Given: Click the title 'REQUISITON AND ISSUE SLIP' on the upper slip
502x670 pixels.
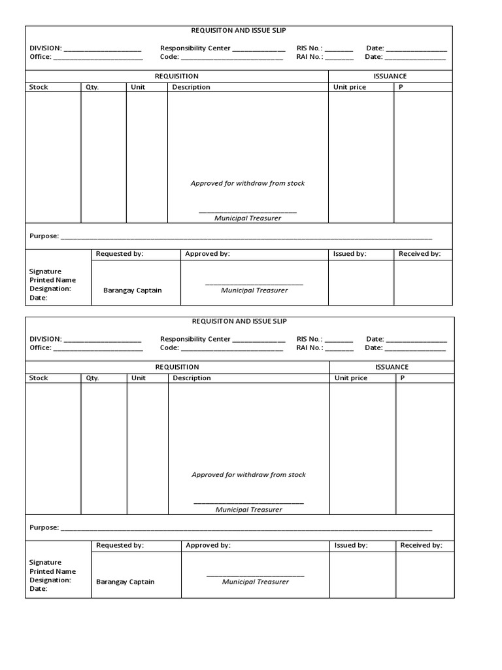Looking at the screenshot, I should [x=239, y=30].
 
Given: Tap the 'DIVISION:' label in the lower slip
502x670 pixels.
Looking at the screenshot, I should [x=46, y=339].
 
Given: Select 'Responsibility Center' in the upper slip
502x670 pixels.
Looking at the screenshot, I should [x=195, y=48].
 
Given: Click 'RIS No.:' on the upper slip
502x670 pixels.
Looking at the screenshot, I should [x=309, y=48].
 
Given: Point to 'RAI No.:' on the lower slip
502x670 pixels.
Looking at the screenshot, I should [x=309, y=348].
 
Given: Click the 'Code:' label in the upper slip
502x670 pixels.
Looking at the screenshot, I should [x=169, y=57].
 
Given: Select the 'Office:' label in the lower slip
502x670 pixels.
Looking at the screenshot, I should [x=40, y=348].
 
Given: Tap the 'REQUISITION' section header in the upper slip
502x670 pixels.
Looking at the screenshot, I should [x=176, y=76].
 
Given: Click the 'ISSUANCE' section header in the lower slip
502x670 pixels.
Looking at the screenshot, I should [x=392, y=367].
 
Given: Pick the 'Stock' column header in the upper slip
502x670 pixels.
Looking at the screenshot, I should [x=39, y=87].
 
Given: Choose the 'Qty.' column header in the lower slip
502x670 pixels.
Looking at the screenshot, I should [x=92, y=378].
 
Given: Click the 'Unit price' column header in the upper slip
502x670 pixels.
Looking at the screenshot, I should [x=350, y=87].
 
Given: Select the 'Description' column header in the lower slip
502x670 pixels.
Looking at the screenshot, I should [x=192, y=378].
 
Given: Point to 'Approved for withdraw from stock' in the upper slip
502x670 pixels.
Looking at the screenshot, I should [x=248, y=183].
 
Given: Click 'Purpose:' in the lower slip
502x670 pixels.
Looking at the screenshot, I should [x=44, y=527].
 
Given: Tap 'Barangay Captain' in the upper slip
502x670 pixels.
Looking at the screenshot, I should [x=133, y=291].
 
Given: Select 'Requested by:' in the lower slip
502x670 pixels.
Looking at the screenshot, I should [x=120, y=545].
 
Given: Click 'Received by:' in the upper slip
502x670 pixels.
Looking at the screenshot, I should [x=420, y=254].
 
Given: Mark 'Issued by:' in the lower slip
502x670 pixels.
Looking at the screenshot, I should [x=351, y=545].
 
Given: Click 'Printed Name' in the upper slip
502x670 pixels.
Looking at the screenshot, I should [x=52, y=280].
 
